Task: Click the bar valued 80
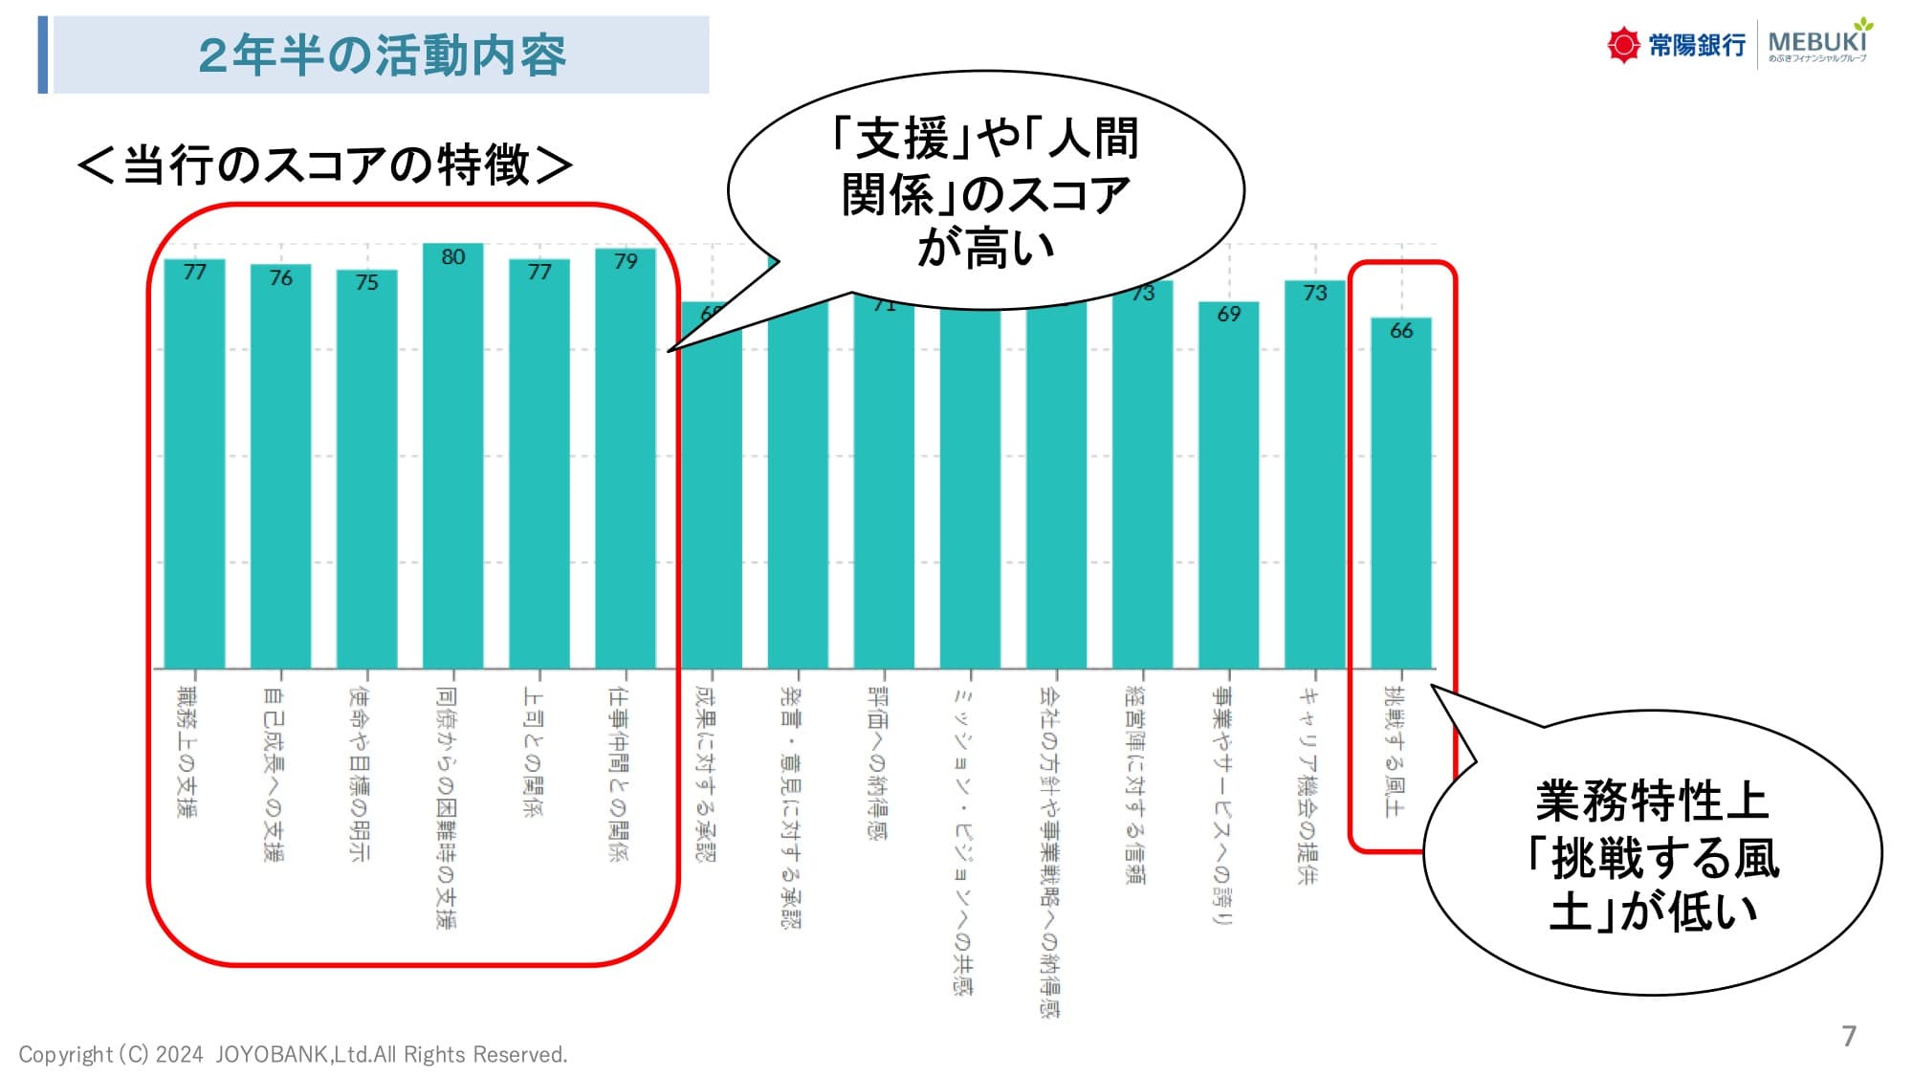(452, 459)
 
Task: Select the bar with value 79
(626, 459)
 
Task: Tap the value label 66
(1401, 331)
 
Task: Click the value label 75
(366, 283)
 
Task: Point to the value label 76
(280, 278)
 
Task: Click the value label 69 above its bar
(1229, 315)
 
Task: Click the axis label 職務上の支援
(187, 751)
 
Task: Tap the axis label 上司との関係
(532, 751)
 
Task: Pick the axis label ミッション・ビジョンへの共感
(962, 842)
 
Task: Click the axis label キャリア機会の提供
(1307, 784)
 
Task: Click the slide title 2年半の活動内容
(382, 55)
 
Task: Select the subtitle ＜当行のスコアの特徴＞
(325, 165)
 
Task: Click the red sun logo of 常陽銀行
(1622, 45)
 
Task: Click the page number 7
(1849, 1036)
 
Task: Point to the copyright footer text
(293, 1054)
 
